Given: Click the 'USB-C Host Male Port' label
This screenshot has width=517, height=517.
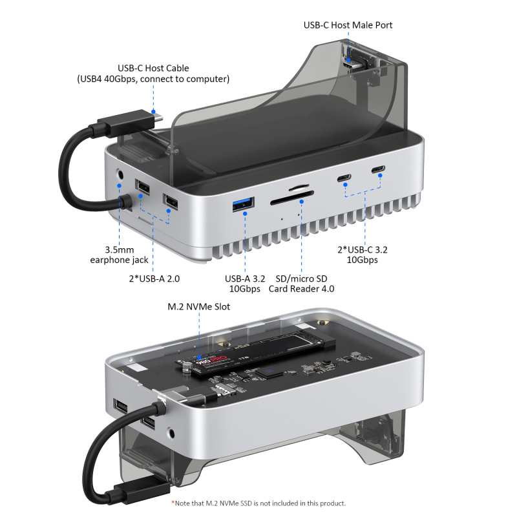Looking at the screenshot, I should (x=348, y=25).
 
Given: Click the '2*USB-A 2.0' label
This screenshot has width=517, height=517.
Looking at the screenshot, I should (x=154, y=279).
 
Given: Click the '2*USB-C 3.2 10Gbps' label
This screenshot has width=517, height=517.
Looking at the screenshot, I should (x=363, y=254).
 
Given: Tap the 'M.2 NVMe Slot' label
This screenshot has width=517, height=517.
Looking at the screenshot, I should (x=200, y=306).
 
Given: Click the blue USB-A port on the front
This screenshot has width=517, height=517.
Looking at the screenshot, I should (x=244, y=205).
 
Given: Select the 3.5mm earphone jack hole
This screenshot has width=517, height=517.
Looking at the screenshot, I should (x=120, y=174).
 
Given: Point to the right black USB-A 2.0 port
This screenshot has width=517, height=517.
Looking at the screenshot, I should (x=171, y=203).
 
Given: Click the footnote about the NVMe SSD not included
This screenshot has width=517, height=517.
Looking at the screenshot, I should (x=258, y=503).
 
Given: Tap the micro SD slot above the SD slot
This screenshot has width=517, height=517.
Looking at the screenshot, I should (x=298, y=189).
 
